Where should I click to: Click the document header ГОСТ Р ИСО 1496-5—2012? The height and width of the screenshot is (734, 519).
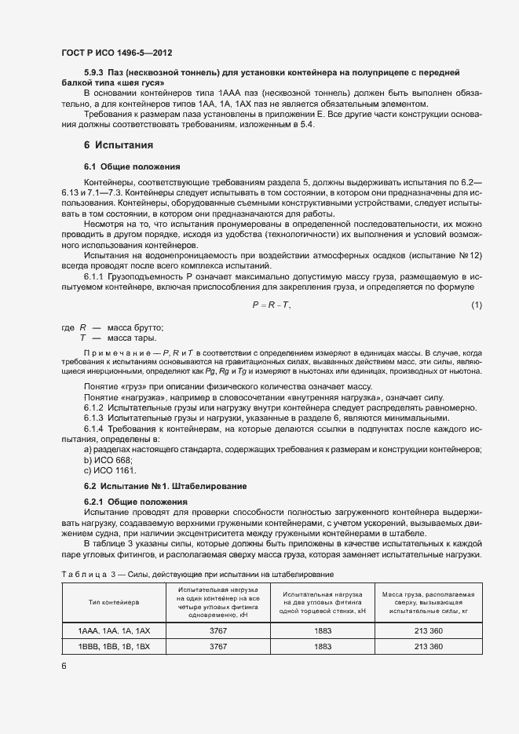point(116,53)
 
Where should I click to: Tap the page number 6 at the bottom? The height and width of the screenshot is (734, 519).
point(64,666)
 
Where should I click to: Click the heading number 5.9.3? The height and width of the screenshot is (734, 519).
point(95,72)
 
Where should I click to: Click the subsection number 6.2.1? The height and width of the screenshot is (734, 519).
point(94,502)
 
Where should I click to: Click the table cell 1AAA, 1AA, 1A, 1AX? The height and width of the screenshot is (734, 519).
point(115,631)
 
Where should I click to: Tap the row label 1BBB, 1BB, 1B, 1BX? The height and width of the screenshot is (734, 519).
point(115,647)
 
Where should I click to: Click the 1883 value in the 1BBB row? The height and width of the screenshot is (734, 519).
point(323,647)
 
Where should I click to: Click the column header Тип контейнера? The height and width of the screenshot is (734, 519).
point(115,601)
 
